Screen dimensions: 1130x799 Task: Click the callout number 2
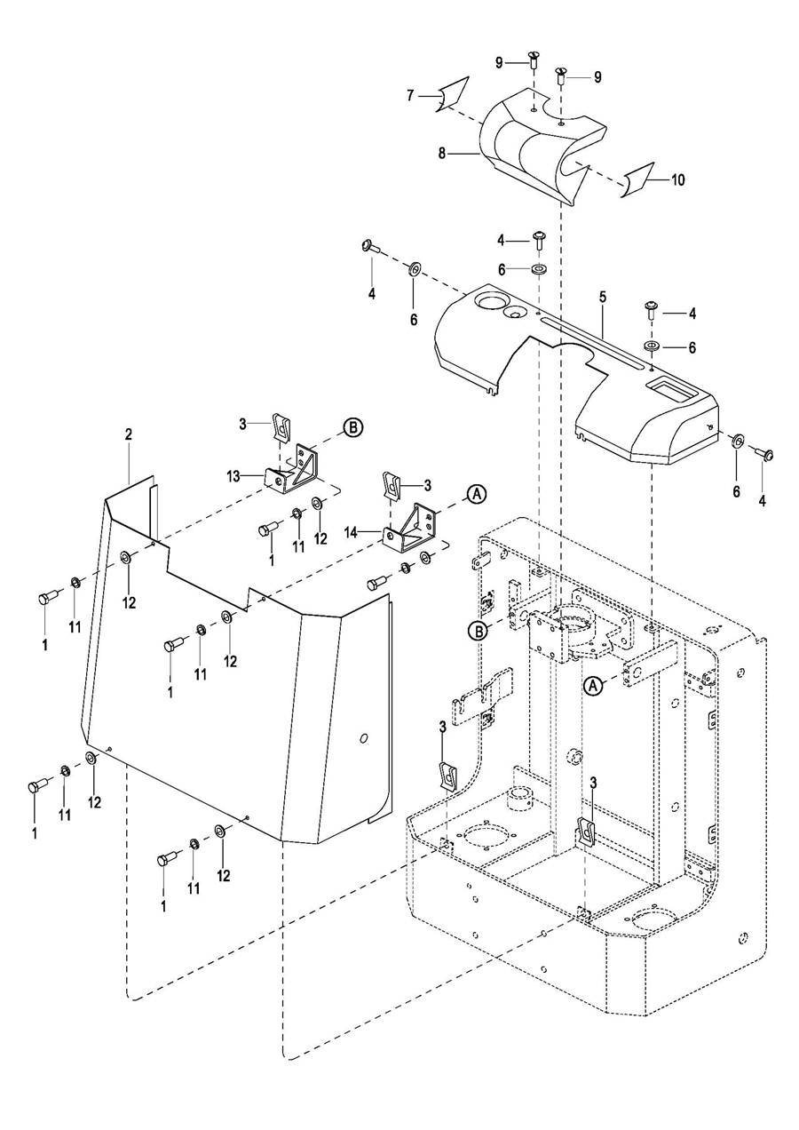pos(129,434)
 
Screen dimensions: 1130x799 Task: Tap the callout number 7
pos(411,95)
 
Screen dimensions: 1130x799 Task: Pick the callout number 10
pos(677,179)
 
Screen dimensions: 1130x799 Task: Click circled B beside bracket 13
pos(352,427)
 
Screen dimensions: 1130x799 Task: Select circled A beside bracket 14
pos(476,494)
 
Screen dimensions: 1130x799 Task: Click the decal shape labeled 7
pos(453,94)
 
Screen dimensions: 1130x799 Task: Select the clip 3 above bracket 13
pos(280,428)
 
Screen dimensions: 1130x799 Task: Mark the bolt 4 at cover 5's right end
pos(762,453)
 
